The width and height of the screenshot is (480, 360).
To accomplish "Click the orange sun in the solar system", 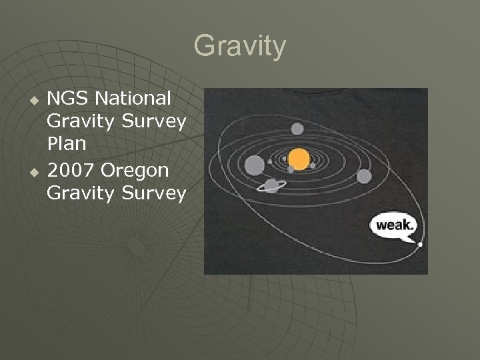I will point(299,159).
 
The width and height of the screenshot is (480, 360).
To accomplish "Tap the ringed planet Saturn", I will point(271,185).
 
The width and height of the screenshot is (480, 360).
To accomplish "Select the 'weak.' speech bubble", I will point(394,225).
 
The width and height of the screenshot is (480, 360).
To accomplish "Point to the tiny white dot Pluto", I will point(420,245).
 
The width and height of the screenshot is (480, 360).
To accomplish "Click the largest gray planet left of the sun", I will point(254,164).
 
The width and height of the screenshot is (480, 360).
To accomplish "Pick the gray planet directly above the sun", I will point(297,129).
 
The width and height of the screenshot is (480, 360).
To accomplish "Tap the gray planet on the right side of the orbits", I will point(363,176).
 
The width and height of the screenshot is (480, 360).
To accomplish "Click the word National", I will point(133,99).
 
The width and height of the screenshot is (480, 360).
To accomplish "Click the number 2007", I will point(71,171).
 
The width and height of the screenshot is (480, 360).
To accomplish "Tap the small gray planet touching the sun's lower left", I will point(291,169).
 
